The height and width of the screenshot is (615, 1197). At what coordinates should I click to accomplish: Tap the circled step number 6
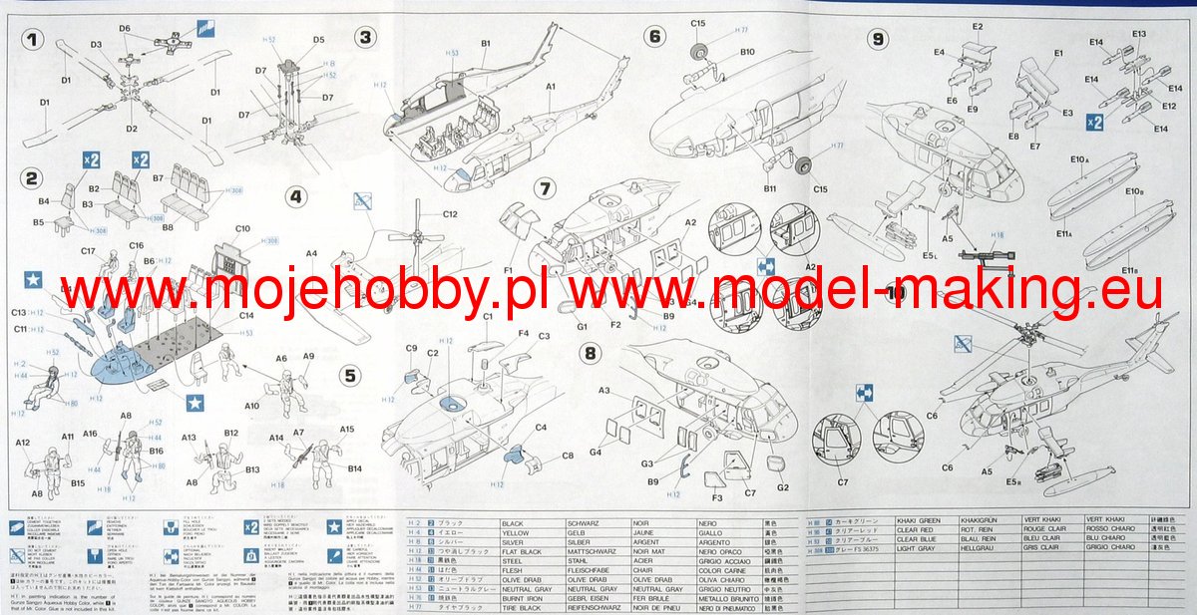click(655, 37)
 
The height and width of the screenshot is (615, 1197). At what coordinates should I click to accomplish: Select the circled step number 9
click(878, 39)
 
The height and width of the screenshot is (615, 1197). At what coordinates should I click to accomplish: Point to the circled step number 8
click(591, 353)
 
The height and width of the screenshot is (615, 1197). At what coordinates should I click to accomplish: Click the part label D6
click(125, 29)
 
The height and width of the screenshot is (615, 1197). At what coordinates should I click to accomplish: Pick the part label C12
click(450, 214)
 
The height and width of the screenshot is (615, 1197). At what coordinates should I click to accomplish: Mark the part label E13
click(1139, 35)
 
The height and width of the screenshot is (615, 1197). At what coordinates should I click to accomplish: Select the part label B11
click(770, 187)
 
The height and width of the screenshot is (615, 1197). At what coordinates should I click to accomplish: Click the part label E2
click(978, 26)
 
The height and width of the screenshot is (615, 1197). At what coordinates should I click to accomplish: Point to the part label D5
click(318, 40)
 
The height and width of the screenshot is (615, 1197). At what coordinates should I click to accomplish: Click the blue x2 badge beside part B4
click(91, 160)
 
